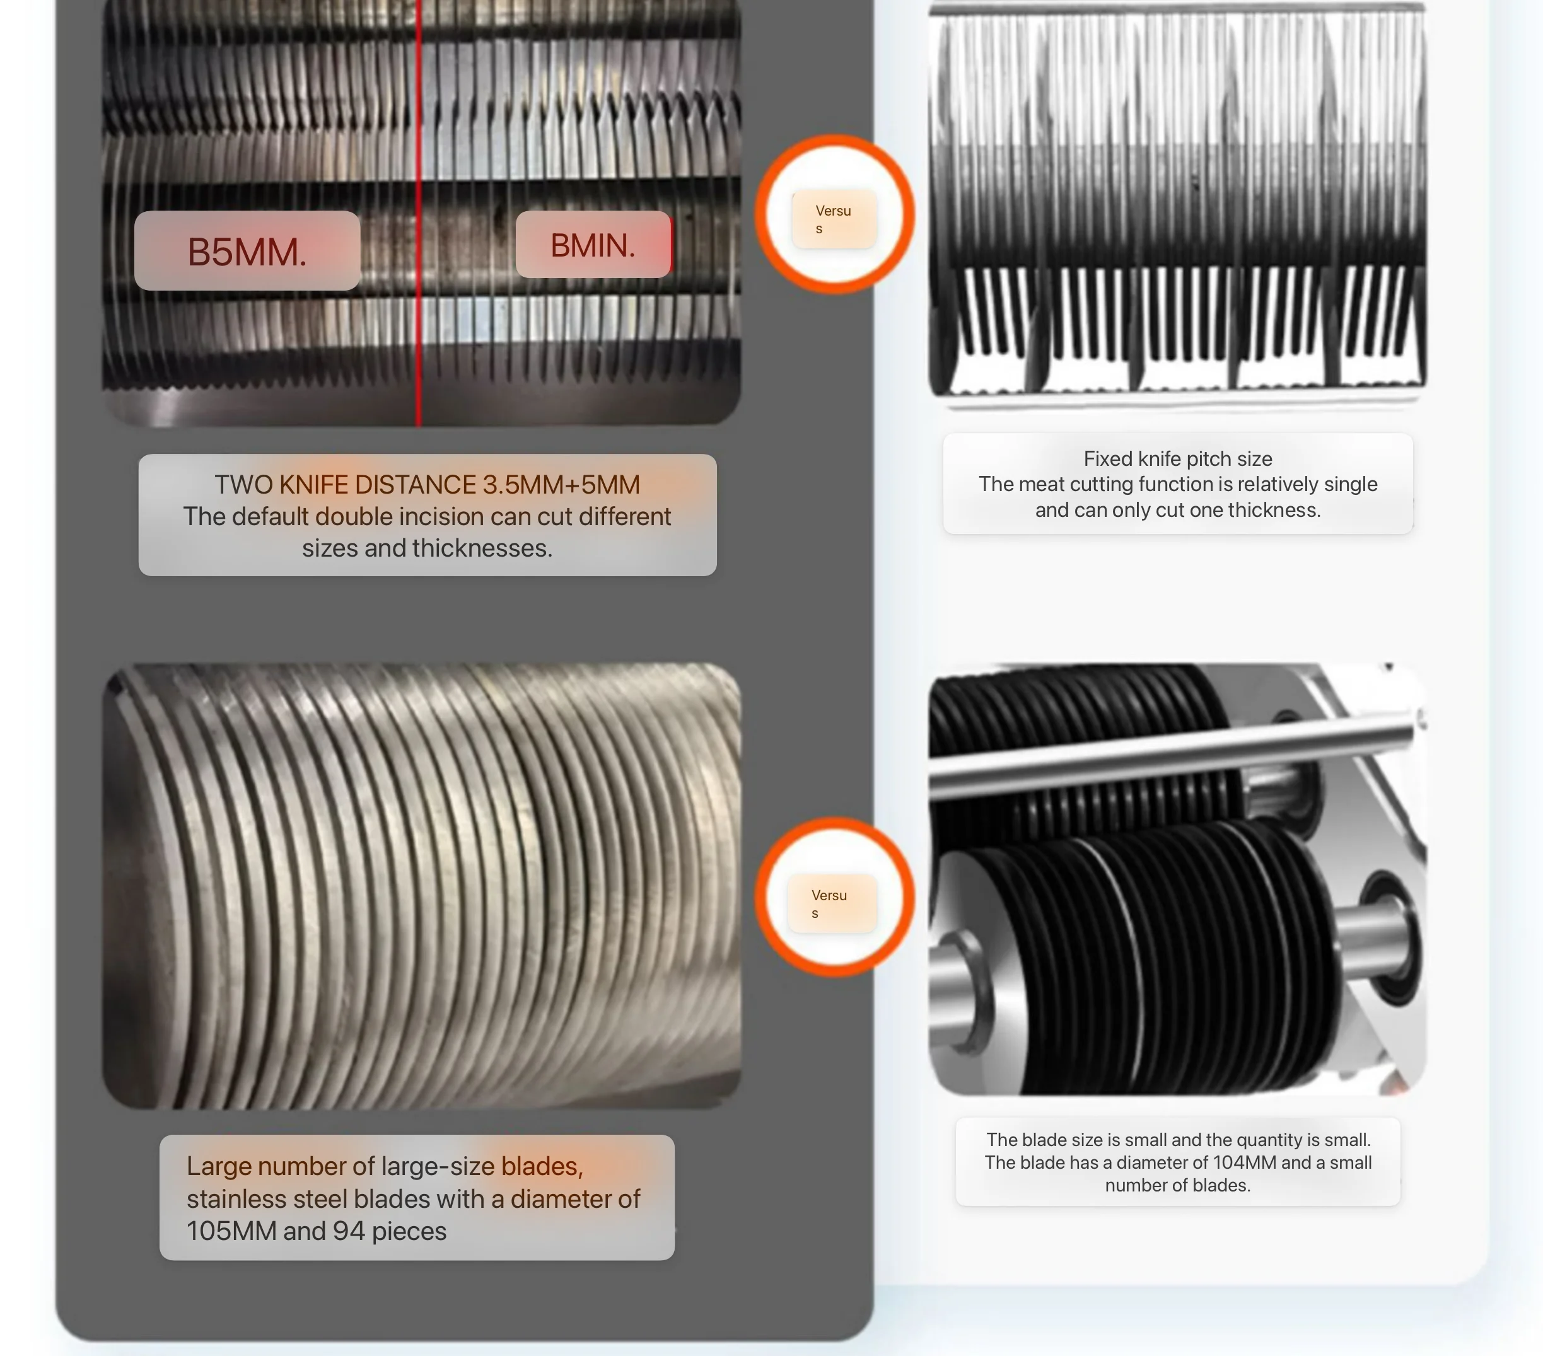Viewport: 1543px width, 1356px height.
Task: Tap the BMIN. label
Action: [x=593, y=245]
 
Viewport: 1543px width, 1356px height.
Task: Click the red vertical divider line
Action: [x=419, y=213]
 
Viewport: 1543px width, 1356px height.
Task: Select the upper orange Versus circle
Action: [x=835, y=214]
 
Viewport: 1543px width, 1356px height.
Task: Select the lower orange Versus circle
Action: [x=835, y=897]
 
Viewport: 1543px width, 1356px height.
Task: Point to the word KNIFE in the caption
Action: [x=314, y=484]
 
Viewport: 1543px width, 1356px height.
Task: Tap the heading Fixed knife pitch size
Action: [x=1178, y=459]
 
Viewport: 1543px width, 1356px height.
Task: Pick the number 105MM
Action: [x=232, y=1231]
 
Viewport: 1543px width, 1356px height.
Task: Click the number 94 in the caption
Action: [x=349, y=1231]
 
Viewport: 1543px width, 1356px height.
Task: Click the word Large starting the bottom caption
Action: [x=219, y=1167]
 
